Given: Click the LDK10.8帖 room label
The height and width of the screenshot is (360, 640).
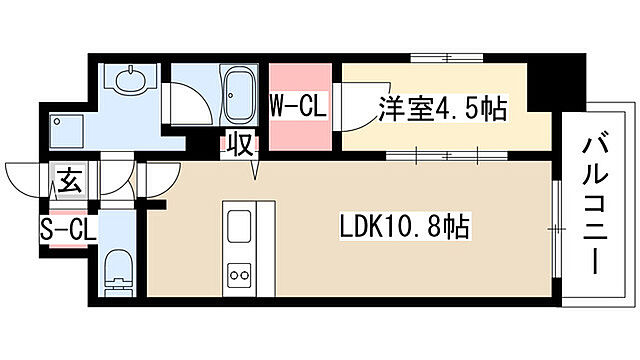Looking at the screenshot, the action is coord(405,226).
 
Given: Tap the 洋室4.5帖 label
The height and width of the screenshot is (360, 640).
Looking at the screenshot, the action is coord(443,109).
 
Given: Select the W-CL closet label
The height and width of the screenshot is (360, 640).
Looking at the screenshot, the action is coord(298,107).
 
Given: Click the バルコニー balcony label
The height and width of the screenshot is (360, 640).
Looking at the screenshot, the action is coord(595,205).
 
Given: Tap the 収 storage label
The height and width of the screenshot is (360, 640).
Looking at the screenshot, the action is coord(240,144).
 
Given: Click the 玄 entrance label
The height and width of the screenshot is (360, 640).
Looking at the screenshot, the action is coord(69,180).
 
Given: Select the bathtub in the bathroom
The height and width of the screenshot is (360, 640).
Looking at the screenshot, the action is coord(240,96).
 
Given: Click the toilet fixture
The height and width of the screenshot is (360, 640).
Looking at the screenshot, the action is coord(119,273).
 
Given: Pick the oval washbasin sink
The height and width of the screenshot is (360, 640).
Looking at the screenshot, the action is coord(131,78).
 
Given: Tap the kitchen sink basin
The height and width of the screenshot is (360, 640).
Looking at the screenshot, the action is coord(239,226).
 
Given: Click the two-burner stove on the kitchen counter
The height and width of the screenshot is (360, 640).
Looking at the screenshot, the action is coord(239,274).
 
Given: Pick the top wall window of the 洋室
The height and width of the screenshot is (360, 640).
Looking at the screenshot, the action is coord(447,58).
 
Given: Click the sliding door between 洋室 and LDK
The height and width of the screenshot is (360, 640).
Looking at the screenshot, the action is coord(447,156).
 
